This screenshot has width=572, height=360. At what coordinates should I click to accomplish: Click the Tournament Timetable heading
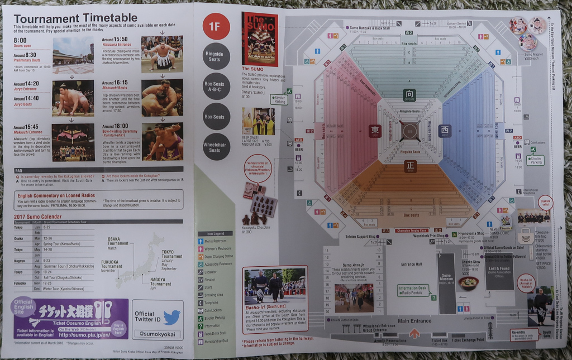75,18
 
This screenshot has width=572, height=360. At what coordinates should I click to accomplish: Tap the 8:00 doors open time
20,40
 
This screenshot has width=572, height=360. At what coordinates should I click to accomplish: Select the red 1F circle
216,26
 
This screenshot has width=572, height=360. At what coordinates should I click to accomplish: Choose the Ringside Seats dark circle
216,56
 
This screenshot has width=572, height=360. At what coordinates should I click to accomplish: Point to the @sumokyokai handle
156,334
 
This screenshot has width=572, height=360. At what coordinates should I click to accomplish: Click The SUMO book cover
259,39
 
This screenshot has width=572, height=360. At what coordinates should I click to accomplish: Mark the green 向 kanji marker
409,95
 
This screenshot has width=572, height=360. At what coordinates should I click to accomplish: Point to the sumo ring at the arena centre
410,131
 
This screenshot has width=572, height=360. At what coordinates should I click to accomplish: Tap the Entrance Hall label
412,265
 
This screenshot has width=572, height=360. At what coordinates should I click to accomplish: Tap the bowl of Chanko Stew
469,283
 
